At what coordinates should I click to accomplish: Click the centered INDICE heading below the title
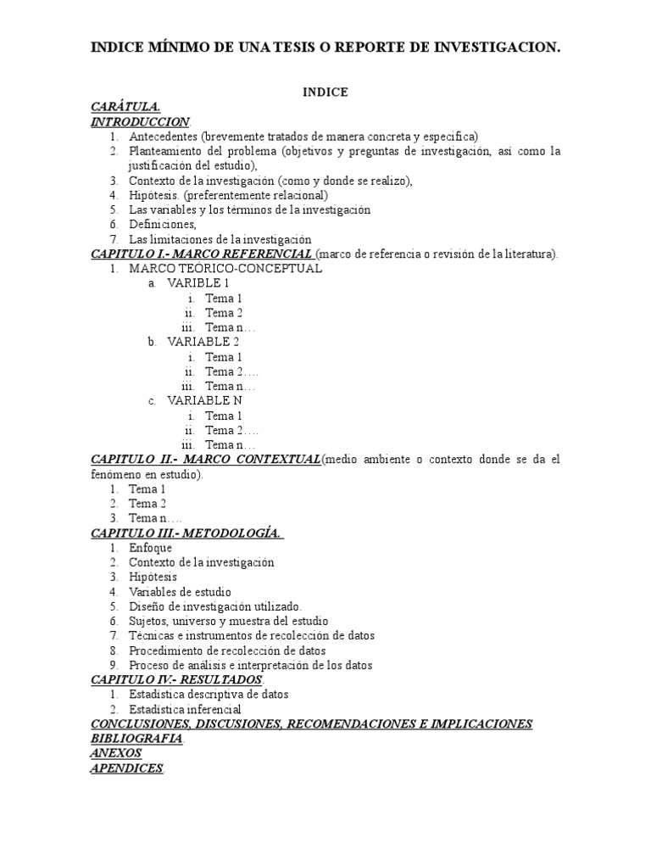(x=325, y=92)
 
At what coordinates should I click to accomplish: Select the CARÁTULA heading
(x=125, y=107)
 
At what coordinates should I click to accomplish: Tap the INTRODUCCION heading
(x=140, y=121)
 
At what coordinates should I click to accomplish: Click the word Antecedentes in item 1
(x=163, y=137)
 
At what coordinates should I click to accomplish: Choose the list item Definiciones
(x=162, y=225)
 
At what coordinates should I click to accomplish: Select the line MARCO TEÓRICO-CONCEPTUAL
(x=225, y=269)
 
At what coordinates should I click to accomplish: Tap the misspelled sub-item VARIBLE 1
(x=198, y=283)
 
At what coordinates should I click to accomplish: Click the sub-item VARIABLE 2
(x=203, y=342)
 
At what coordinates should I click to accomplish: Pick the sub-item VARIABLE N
(x=203, y=400)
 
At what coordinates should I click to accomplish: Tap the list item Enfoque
(x=150, y=548)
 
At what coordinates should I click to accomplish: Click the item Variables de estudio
(x=180, y=592)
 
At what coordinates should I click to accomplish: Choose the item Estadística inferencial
(x=185, y=709)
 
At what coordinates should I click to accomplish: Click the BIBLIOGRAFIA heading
(x=136, y=738)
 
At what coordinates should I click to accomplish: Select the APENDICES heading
(x=127, y=768)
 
